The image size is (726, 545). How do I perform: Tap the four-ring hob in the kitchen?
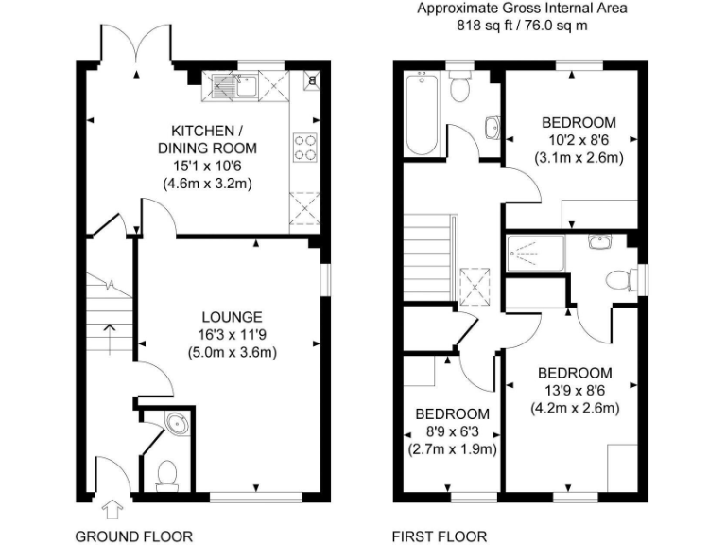coord(305,147)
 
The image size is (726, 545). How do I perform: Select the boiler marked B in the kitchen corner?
coord(312,81)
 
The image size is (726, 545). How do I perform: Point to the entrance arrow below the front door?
coord(112,511)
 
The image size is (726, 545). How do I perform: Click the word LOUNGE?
coord(232,317)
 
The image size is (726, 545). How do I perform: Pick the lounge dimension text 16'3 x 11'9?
coord(232,334)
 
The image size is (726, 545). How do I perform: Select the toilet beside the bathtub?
coord(459,88)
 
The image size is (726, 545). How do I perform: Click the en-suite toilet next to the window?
coord(617,279)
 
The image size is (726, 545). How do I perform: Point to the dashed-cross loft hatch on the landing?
coord(474,283)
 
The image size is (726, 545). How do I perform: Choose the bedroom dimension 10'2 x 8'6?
coord(579,140)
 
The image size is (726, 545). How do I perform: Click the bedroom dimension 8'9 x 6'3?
coord(453,431)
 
